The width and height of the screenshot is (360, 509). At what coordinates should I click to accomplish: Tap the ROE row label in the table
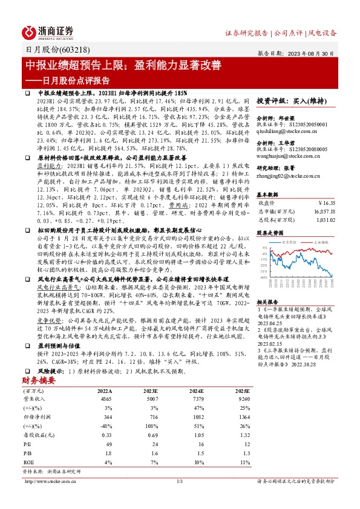point(28,461)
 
